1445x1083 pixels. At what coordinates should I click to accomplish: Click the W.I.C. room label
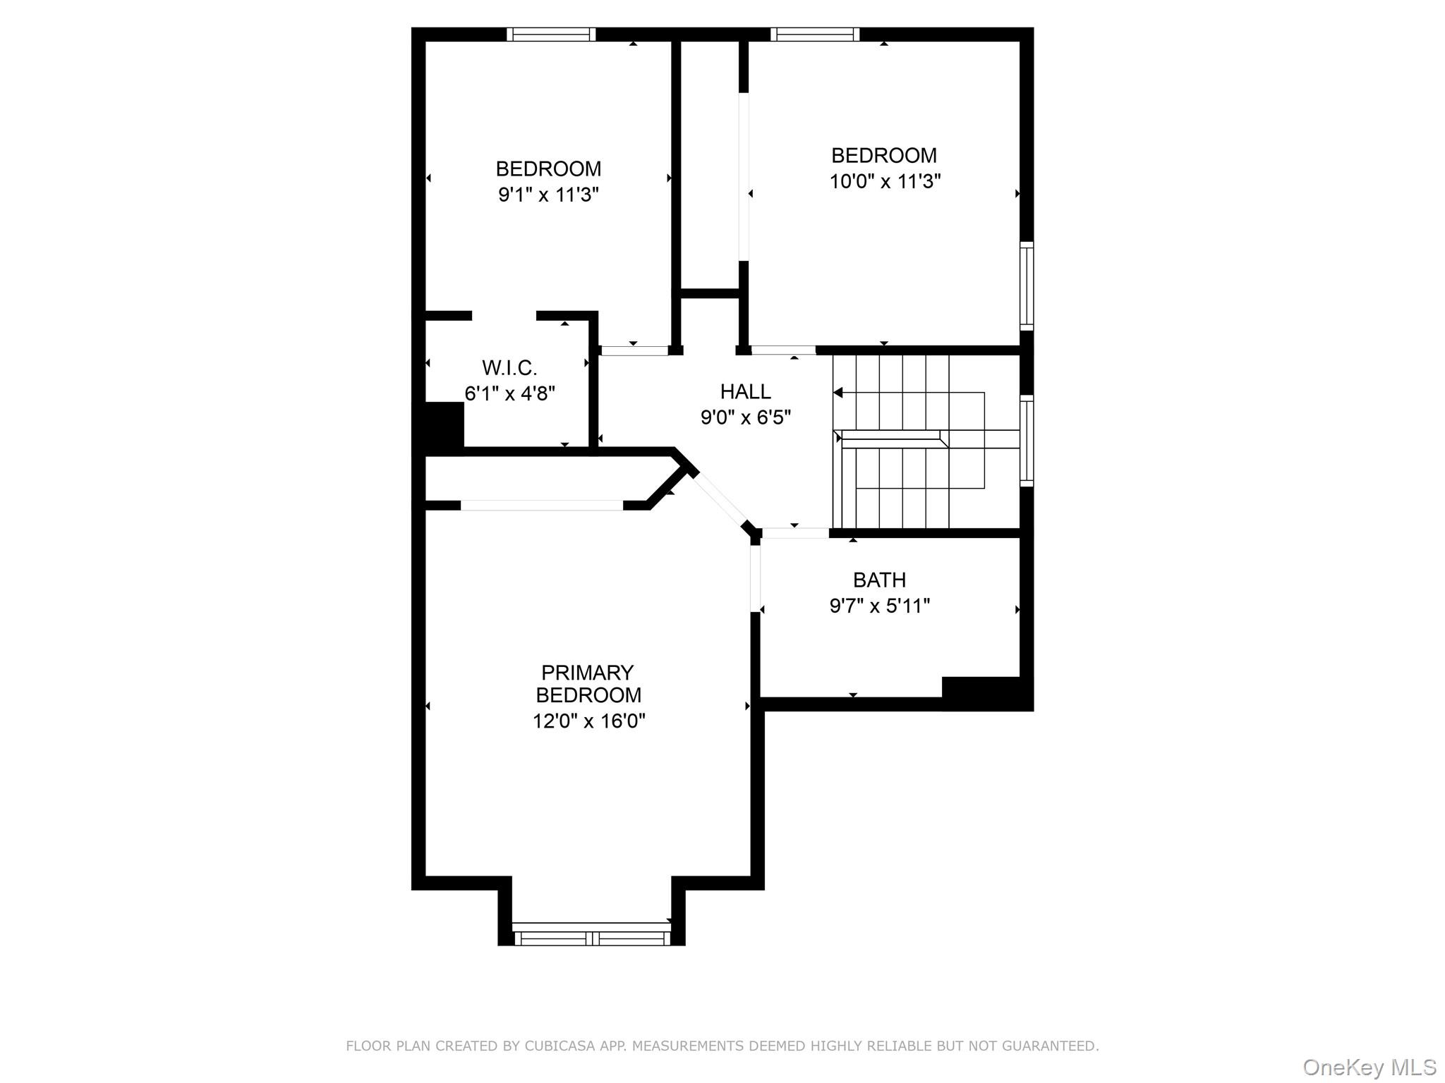[x=509, y=367]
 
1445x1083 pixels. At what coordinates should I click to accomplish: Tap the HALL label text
[x=745, y=391]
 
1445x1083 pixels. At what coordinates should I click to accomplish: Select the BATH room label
[x=879, y=580]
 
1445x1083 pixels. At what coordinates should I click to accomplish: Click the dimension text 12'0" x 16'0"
[x=588, y=721]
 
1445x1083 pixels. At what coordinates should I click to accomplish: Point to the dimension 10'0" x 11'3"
[x=885, y=181]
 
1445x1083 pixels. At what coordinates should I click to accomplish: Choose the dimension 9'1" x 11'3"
[x=548, y=195]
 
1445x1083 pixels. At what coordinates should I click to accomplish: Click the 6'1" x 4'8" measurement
[x=509, y=393]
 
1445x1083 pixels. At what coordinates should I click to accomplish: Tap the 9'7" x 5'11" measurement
[x=879, y=606]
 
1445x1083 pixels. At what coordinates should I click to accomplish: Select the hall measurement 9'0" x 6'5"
[x=745, y=417]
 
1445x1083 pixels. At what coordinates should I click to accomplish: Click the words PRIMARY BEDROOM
[x=588, y=683]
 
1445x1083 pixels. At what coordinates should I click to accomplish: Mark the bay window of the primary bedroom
[x=591, y=938]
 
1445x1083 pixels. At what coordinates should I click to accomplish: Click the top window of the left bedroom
[x=551, y=35]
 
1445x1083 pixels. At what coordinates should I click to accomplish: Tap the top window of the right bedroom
[x=815, y=35]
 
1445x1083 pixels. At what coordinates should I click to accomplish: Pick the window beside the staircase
[x=1027, y=441]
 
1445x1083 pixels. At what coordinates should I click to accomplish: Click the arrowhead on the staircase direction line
[x=838, y=393]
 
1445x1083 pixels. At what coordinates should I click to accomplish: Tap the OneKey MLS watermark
[x=1369, y=1067]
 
